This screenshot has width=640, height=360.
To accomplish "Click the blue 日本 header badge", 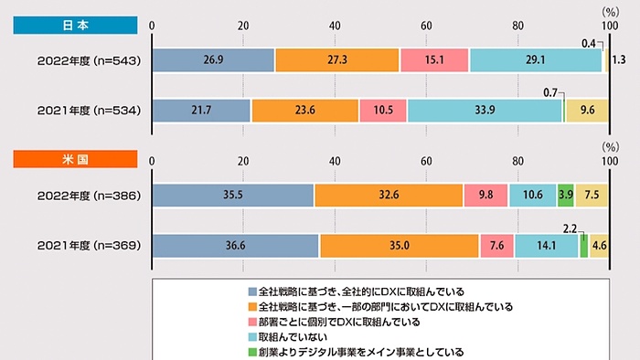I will tap(75, 25).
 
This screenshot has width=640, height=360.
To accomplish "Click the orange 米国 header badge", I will tap(75, 158).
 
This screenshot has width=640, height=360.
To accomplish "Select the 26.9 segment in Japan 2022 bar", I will tap(213, 59).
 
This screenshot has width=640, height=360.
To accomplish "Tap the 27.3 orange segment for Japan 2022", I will tap(337, 59).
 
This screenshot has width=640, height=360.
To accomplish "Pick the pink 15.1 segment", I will tap(434, 59).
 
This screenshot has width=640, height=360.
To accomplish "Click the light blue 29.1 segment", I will tap(536, 59).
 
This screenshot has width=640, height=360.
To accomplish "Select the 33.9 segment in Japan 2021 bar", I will tap(485, 110).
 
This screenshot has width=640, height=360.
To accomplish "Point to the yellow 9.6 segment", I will tap(587, 110).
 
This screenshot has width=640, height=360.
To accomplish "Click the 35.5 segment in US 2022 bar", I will tap(232, 196).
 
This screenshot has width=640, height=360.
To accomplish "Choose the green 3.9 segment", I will tap(566, 196).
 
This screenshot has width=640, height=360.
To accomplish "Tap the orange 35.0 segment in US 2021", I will tap(400, 246).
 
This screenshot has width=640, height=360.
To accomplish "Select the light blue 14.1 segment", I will tap(546, 246).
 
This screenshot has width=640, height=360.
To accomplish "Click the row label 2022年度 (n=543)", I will tap(81, 59).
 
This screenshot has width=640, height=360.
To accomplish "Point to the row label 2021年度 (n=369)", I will tap(81, 246).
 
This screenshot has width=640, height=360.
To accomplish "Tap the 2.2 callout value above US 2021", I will tap(571, 225).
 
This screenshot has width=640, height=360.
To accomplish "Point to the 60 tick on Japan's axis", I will tap(426, 25).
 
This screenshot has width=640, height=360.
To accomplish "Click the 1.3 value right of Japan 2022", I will tap(618, 59).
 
